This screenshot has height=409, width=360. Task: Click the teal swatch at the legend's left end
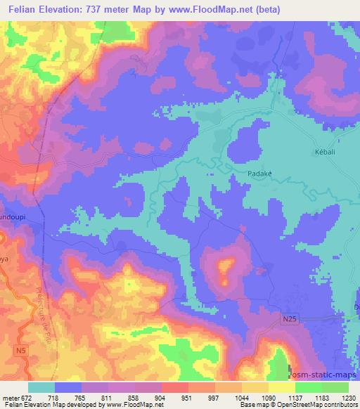coord(41,387)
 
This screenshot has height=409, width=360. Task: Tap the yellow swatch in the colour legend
coord(282,387)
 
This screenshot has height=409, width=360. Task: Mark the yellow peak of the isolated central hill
coord(226,266)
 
